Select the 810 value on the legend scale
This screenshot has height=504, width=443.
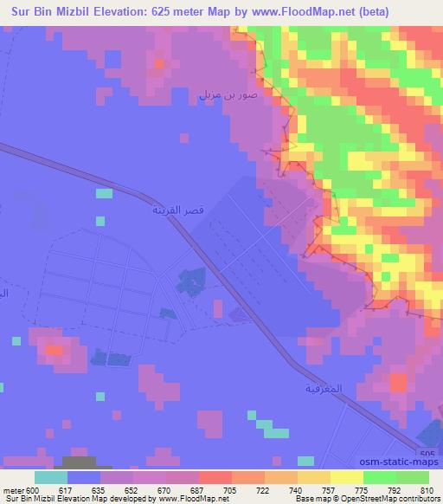tap(428, 489)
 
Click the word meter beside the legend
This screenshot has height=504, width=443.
tap(13, 489)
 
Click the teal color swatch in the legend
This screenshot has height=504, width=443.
tap(50, 477)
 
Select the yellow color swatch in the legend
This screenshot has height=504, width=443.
tap(346, 477)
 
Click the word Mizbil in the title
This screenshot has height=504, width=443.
tap(66, 11)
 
